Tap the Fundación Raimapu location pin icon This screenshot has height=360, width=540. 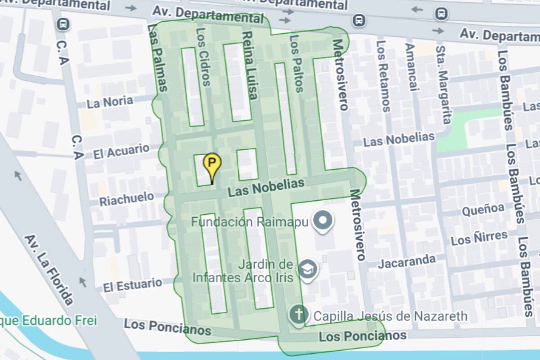324,221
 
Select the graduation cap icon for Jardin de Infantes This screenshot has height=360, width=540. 308,269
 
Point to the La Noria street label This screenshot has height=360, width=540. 110,102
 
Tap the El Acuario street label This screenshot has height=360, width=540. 121,152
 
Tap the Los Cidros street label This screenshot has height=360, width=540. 203,57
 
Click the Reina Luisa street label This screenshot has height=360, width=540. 250,66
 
